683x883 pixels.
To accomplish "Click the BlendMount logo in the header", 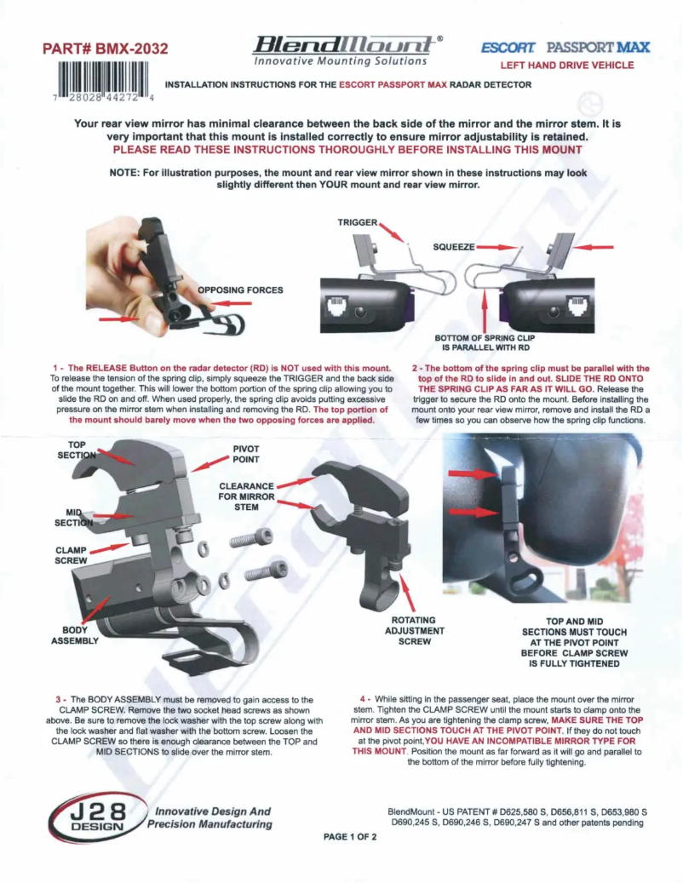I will (x=341, y=47).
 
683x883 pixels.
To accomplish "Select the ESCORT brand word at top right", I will (x=508, y=47).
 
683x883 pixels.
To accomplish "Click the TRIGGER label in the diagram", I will (x=357, y=222).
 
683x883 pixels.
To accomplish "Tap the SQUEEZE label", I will (x=454, y=247).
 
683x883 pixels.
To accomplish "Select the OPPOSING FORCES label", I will (x=240, y=290).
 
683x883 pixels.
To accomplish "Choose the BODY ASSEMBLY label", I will (x=76, y=634).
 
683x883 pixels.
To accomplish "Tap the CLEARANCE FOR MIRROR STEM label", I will (x=246, y=496).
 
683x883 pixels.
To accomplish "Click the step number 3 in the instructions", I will (x=58, y=699).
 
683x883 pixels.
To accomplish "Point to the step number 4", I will (x=364, y=699).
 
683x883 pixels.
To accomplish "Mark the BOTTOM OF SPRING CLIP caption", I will (x=483, y=342).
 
